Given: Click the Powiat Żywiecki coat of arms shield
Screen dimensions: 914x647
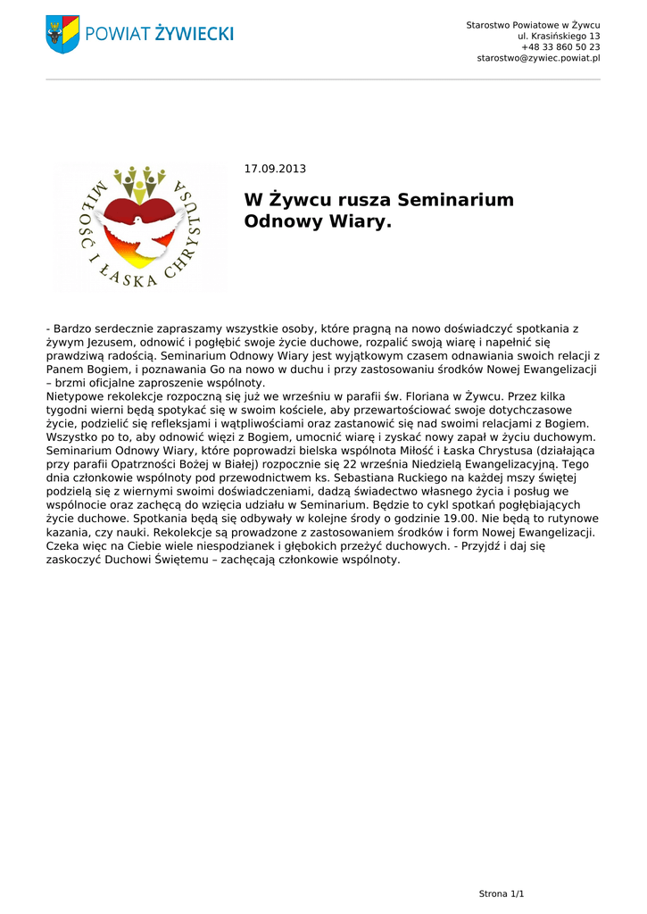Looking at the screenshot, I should pyautogui.click(x=62, y=34).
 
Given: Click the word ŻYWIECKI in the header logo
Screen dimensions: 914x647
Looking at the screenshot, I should pyautogui.click(x=194, y=34).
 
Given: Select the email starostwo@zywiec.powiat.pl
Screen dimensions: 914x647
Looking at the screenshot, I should pyautogui.click(x=538, y=58).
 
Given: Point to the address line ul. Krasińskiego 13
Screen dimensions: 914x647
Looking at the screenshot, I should pyautogui.click(x=559, y=36).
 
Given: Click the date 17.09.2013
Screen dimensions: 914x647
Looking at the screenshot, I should pyautogui.click(x=275, y=169).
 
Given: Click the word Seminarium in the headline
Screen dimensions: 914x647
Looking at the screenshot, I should pyautogui.click(x=455, y=200).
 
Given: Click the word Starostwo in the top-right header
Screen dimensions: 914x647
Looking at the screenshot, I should pyautogui.click(x=491, y=24).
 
